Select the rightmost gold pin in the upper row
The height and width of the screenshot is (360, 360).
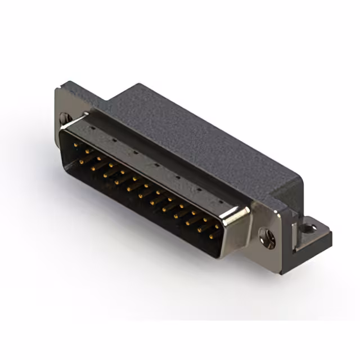217,225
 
